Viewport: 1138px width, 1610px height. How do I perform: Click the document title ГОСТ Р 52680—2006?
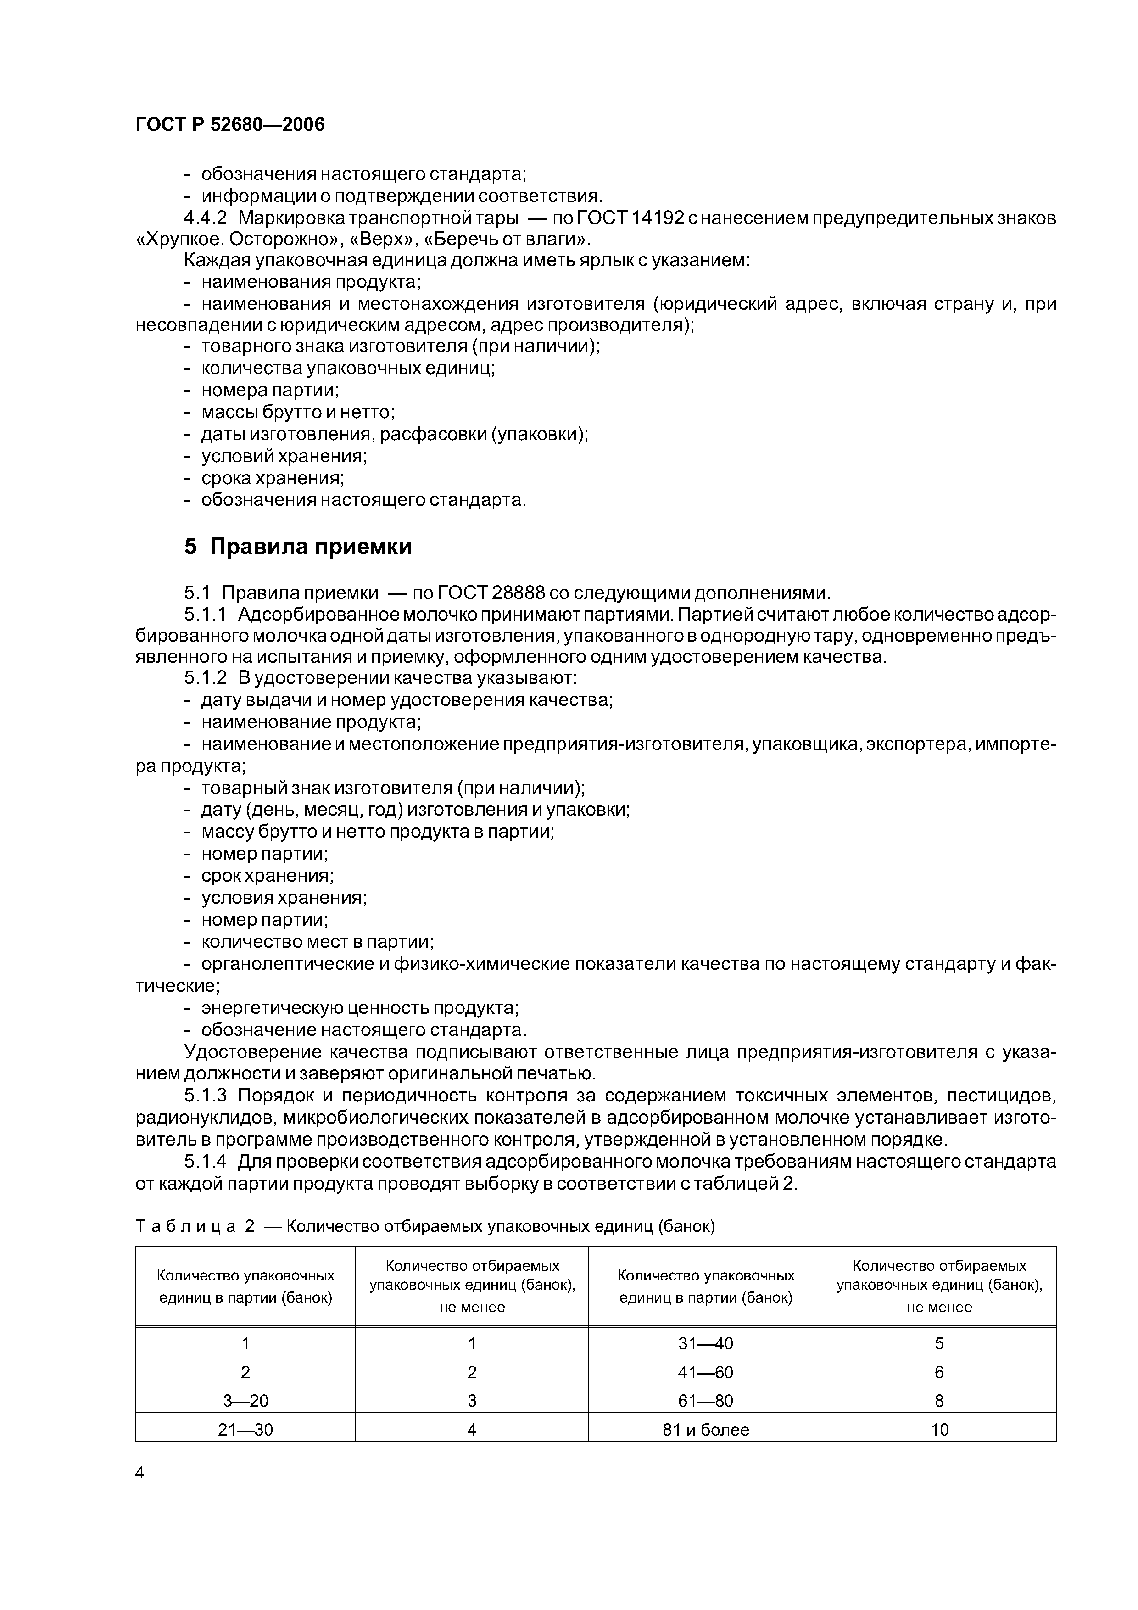click(x=230, y=125)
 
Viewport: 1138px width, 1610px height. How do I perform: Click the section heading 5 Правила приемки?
click(x=297, y=547)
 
